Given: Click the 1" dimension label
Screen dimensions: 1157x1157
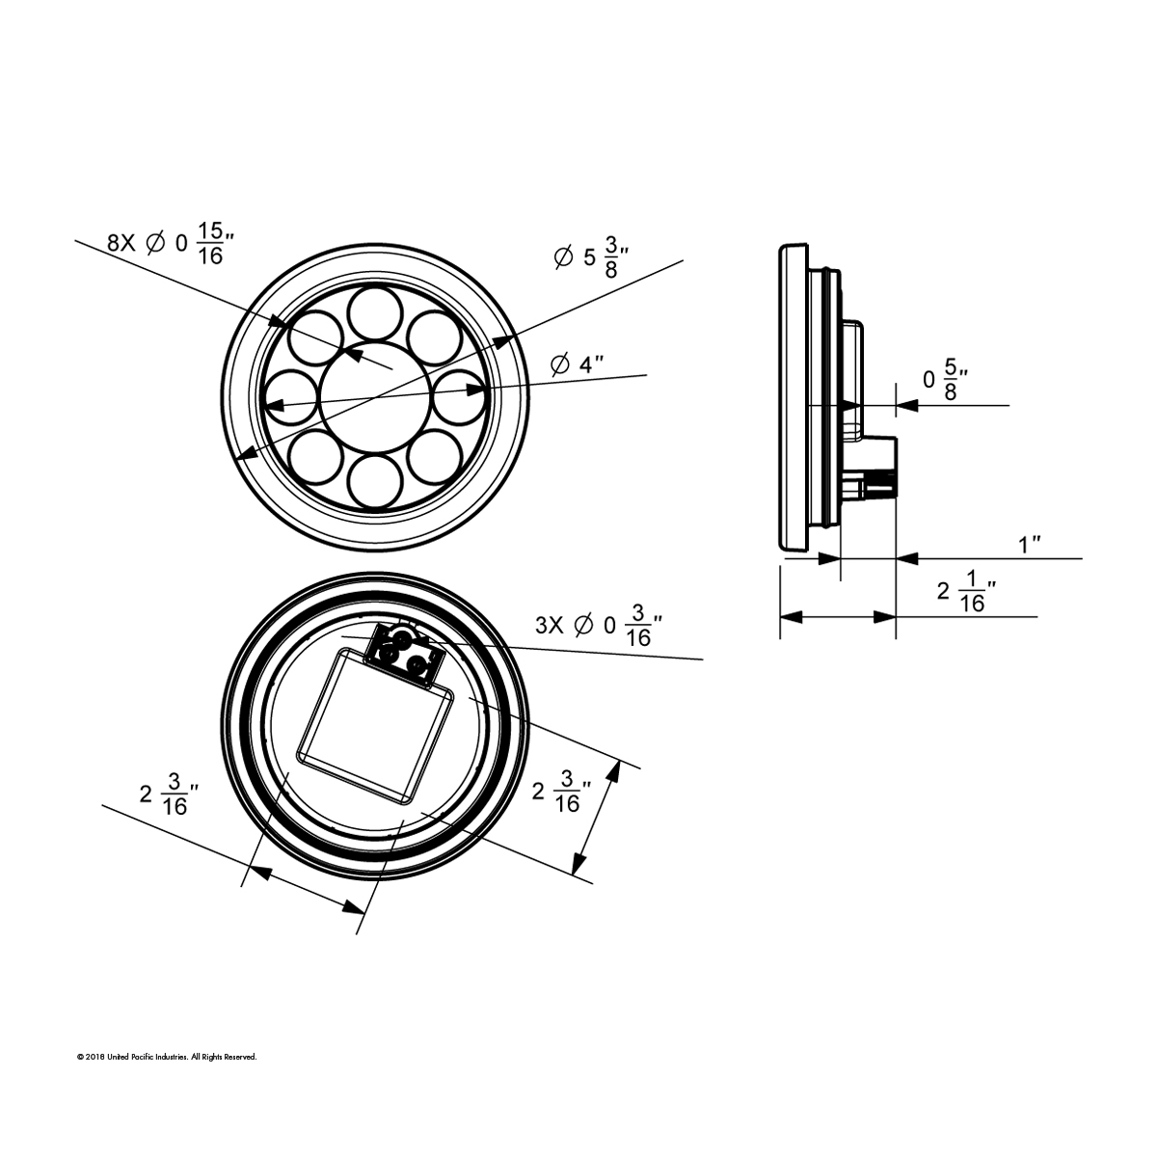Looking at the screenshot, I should coord(1031,546).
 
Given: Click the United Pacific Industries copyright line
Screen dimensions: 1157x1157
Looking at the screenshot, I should coord(167,1058).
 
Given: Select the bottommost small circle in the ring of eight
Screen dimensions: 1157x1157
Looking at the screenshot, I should coord(376,480).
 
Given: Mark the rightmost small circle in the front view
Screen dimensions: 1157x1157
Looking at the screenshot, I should coord(459,395).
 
